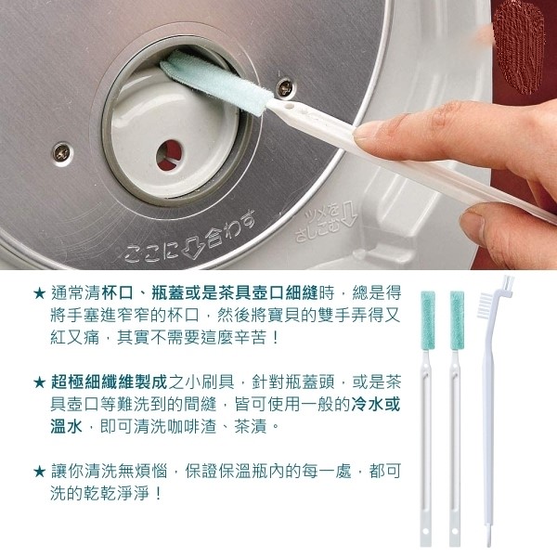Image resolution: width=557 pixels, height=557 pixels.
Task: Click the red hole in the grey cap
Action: click(x=170, y=155)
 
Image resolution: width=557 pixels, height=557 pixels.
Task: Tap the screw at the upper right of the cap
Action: click(x=285, y=88)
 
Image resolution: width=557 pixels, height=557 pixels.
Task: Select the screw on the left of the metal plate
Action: click(x=62, y=153)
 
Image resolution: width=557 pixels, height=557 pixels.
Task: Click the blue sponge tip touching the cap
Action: click(x=216, y=82)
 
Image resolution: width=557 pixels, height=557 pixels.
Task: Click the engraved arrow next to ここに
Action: click(x=193, y=245)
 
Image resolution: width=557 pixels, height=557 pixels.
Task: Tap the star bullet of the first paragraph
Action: click(x=39, y=293)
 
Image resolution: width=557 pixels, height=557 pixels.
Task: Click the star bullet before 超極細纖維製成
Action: click(x=39, y=382)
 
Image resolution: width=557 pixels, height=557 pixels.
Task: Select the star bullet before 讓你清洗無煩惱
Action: click(x=39, y=472)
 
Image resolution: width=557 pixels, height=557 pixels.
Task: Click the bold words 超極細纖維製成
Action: click(x=109, y=382)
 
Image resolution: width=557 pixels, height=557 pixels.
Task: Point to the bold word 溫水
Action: click(x=67, y=426)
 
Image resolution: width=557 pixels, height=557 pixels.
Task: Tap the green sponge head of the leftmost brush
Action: click(x=428, y=321)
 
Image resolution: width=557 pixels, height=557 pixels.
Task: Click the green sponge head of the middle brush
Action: click(x=457, y=321)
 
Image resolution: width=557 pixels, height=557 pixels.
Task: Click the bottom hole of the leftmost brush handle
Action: click(x=425, y=531)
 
